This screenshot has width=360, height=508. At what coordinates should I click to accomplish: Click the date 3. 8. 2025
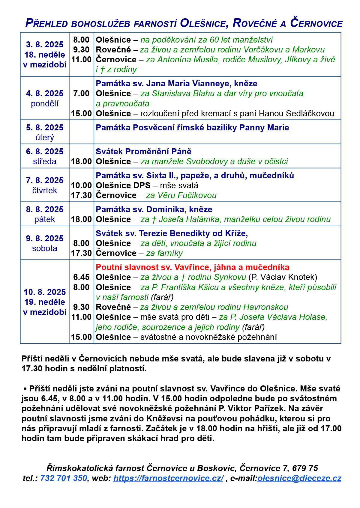(x=45, y=45)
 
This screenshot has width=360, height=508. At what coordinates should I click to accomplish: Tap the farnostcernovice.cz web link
(x=168, y=478)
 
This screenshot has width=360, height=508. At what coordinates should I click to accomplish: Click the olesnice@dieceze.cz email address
(x=299, y=478)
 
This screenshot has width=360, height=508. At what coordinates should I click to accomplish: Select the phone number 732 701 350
(x=64, y=478)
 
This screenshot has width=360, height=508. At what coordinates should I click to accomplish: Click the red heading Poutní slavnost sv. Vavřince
(x=193, y=267)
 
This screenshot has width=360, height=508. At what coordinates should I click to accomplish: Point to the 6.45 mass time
(x=81, y=277)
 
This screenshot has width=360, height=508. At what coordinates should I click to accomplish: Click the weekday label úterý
(x=45, y=138)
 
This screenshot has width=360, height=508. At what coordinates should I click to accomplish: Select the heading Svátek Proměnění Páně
(x=143, y=152)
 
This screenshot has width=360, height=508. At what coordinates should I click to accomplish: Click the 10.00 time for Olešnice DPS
(x=81, y=186)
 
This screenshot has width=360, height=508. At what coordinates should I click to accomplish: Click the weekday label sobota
(x=45, y=248)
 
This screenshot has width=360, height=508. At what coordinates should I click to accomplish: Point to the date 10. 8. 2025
(x=45, y=292)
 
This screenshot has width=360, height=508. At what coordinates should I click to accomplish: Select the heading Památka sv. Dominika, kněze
(x=154, y=209)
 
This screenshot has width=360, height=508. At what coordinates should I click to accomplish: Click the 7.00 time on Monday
(x=81, y=94)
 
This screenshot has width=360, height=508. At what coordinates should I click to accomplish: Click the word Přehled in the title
(x=47, y=23)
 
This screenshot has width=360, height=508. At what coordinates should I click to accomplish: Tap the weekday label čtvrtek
(x=45, y=191)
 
